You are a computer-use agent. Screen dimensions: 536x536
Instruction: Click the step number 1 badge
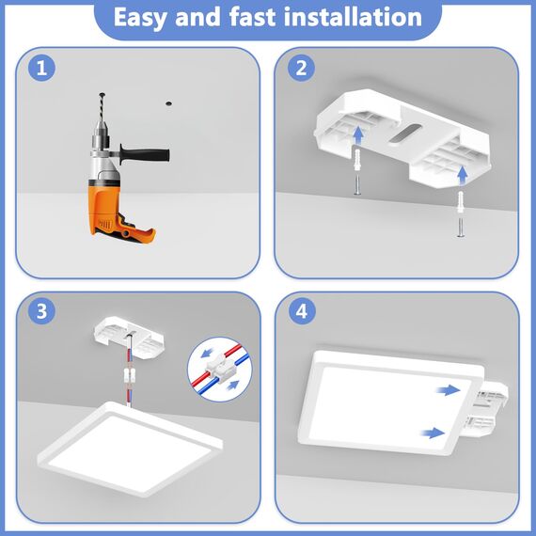[41, 68]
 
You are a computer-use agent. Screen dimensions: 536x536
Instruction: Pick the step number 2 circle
[301, 68]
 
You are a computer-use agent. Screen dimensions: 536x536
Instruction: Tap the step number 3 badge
[41, 311]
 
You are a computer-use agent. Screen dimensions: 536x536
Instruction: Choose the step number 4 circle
[302, 311]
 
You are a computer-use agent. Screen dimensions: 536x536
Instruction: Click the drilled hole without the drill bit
[168, 103]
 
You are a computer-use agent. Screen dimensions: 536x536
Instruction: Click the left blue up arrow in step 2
[358, 135]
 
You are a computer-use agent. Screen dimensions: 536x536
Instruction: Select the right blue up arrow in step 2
[463, 175]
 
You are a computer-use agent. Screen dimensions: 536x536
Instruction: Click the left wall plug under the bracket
[357, 160]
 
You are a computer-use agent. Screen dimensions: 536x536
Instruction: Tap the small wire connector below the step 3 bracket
[130, 376]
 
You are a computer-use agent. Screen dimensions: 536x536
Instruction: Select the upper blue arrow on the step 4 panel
[449, 389]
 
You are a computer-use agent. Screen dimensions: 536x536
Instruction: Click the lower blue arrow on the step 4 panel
[433, 433]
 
